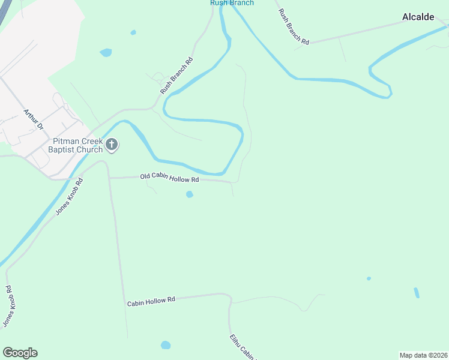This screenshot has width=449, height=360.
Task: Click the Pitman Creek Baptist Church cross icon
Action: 112,144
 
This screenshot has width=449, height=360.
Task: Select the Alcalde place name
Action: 418,17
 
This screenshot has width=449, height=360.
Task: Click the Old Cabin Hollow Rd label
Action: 169,178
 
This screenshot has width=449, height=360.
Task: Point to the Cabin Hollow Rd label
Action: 151,302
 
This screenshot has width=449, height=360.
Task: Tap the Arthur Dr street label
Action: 34,119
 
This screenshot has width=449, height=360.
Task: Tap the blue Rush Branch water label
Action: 232,3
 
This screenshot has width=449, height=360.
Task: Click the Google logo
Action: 20,353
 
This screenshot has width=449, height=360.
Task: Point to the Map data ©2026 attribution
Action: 423,355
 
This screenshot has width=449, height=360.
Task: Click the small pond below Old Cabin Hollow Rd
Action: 190,194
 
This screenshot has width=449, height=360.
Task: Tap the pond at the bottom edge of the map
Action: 166,345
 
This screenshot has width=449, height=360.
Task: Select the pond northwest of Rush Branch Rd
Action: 106,53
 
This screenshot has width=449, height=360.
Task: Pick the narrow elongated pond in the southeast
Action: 417,293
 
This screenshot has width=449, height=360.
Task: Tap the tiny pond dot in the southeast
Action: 369,278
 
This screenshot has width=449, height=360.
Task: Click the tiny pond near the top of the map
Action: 133,32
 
